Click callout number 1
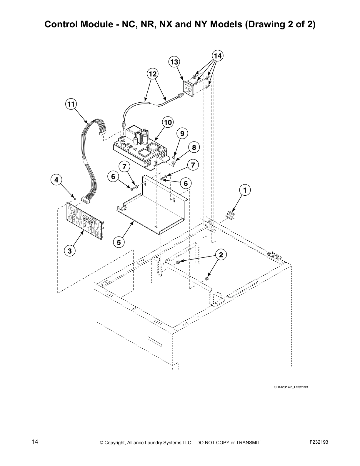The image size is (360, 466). [244, 190]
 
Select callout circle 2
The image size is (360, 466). [221, 255]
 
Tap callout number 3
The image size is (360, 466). [69, 251]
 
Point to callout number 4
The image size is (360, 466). [56, 179]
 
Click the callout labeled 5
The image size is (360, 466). [119, 242]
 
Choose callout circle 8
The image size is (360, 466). [194, 147]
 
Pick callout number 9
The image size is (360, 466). [182, 134]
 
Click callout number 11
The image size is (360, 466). [71, 104]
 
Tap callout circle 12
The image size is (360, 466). [153, 74]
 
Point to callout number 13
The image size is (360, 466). [174, 62]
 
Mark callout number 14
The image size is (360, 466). [217, 56]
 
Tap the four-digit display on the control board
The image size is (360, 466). [89, 221]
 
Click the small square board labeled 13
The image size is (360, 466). [188, 89]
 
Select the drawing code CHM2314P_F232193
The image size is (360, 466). [290, 387]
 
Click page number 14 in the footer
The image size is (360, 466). [35, 442]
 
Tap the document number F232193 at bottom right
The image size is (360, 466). [319, 442]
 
